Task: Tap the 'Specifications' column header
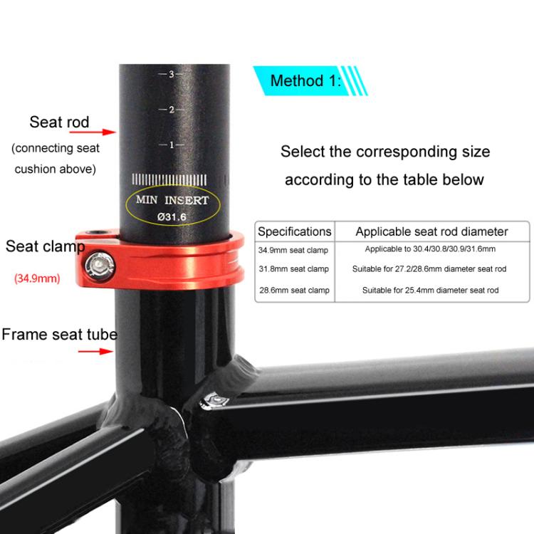(x=294, y=231)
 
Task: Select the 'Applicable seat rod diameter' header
(x=431, y=231)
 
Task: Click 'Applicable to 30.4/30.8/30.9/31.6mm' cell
(x=430, y=250)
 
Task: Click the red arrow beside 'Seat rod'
(x=107, y=132)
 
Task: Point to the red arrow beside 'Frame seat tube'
(x=105, y=351)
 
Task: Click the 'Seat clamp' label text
(x=44, y=247)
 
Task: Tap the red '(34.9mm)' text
(x=37, y=278)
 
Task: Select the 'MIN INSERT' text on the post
(x=172, y=200)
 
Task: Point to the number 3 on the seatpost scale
(x=172, y=74)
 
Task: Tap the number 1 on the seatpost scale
(x=172, y=145)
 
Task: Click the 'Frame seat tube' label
(x=59, y=334)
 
